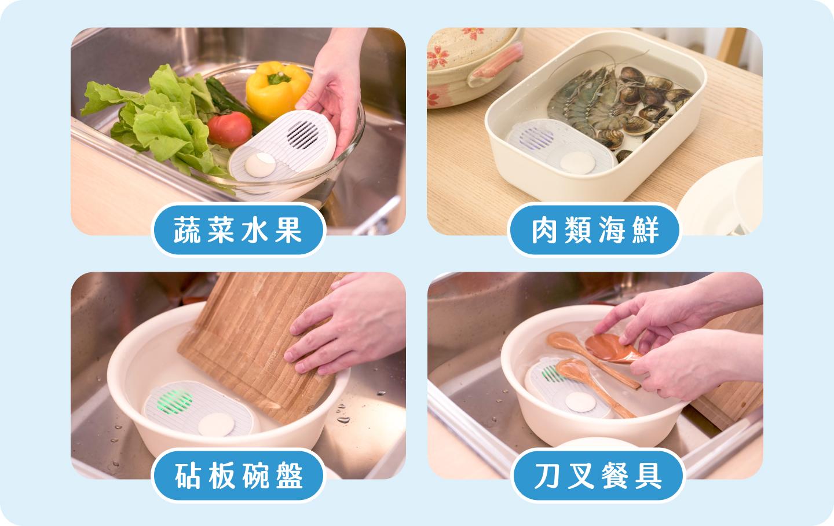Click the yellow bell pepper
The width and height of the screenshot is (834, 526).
coord(277,89)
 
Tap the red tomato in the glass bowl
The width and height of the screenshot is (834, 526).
coord(230,129)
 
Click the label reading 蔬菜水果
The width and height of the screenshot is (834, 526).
coord(238,230)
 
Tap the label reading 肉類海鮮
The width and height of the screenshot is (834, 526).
coord(595,230)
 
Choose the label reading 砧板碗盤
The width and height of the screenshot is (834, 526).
coord(238,476)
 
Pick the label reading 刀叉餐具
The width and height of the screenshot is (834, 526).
coord(598,476)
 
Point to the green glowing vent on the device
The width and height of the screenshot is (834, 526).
coord(174,402)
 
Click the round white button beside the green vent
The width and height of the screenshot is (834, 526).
coord(217,425)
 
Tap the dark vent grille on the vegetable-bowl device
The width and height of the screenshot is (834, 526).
coord(303,134)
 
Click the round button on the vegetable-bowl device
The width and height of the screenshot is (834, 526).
coord(260,165)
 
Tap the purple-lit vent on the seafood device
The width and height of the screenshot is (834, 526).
coord(536,138)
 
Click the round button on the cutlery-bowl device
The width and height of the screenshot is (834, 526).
coord(580,402)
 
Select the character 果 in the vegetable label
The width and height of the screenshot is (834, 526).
coord(288,230)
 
